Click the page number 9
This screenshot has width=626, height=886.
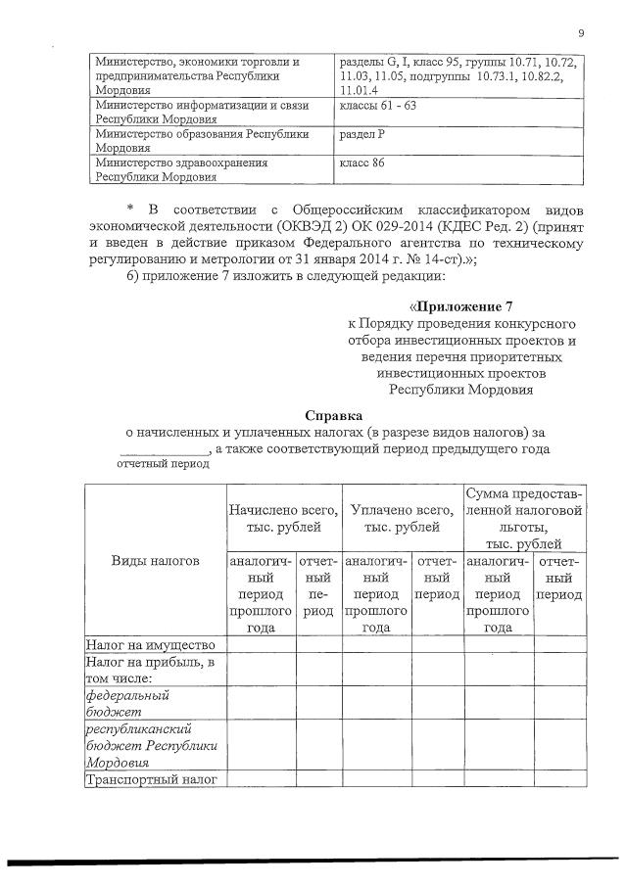point(581,35)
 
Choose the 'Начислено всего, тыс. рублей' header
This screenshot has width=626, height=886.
point(283,519)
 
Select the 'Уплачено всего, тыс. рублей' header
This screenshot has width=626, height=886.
point(403,519)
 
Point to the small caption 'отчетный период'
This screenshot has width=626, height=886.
point(163,464)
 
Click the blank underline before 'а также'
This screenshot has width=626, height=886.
point(164,448)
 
